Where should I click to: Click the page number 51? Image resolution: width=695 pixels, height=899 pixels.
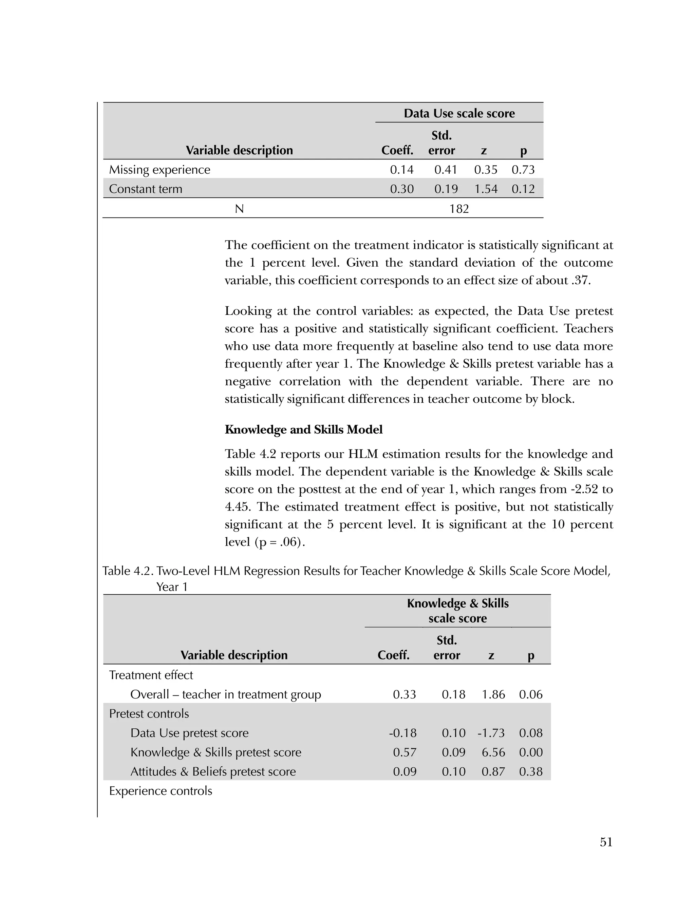[x=606, y=842]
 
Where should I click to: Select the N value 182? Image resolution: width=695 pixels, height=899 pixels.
[x=459, y=209]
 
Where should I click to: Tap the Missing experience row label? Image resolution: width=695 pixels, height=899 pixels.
[x=159, y=170]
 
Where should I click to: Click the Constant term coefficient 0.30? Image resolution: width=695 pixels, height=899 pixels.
[x=401, y=189]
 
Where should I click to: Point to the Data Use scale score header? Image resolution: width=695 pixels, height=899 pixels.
[x=459, y=113]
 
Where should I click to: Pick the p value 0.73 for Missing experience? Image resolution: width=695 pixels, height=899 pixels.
[x=523, y=170]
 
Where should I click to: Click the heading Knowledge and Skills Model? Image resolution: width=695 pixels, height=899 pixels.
[x=303, y=429]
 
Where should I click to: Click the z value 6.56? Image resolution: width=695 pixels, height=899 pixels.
[x=493, y=752]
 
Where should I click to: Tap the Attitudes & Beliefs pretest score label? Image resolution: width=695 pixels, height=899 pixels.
[x=213, y=771]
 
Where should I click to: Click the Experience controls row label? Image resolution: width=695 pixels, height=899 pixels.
[x=161, y=791]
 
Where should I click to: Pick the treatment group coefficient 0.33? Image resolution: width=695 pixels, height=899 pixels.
[x=404, y=694]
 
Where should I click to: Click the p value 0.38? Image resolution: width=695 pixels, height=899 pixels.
[x=530, y=771]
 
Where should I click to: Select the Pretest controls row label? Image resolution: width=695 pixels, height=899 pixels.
[x=149, y=713]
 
